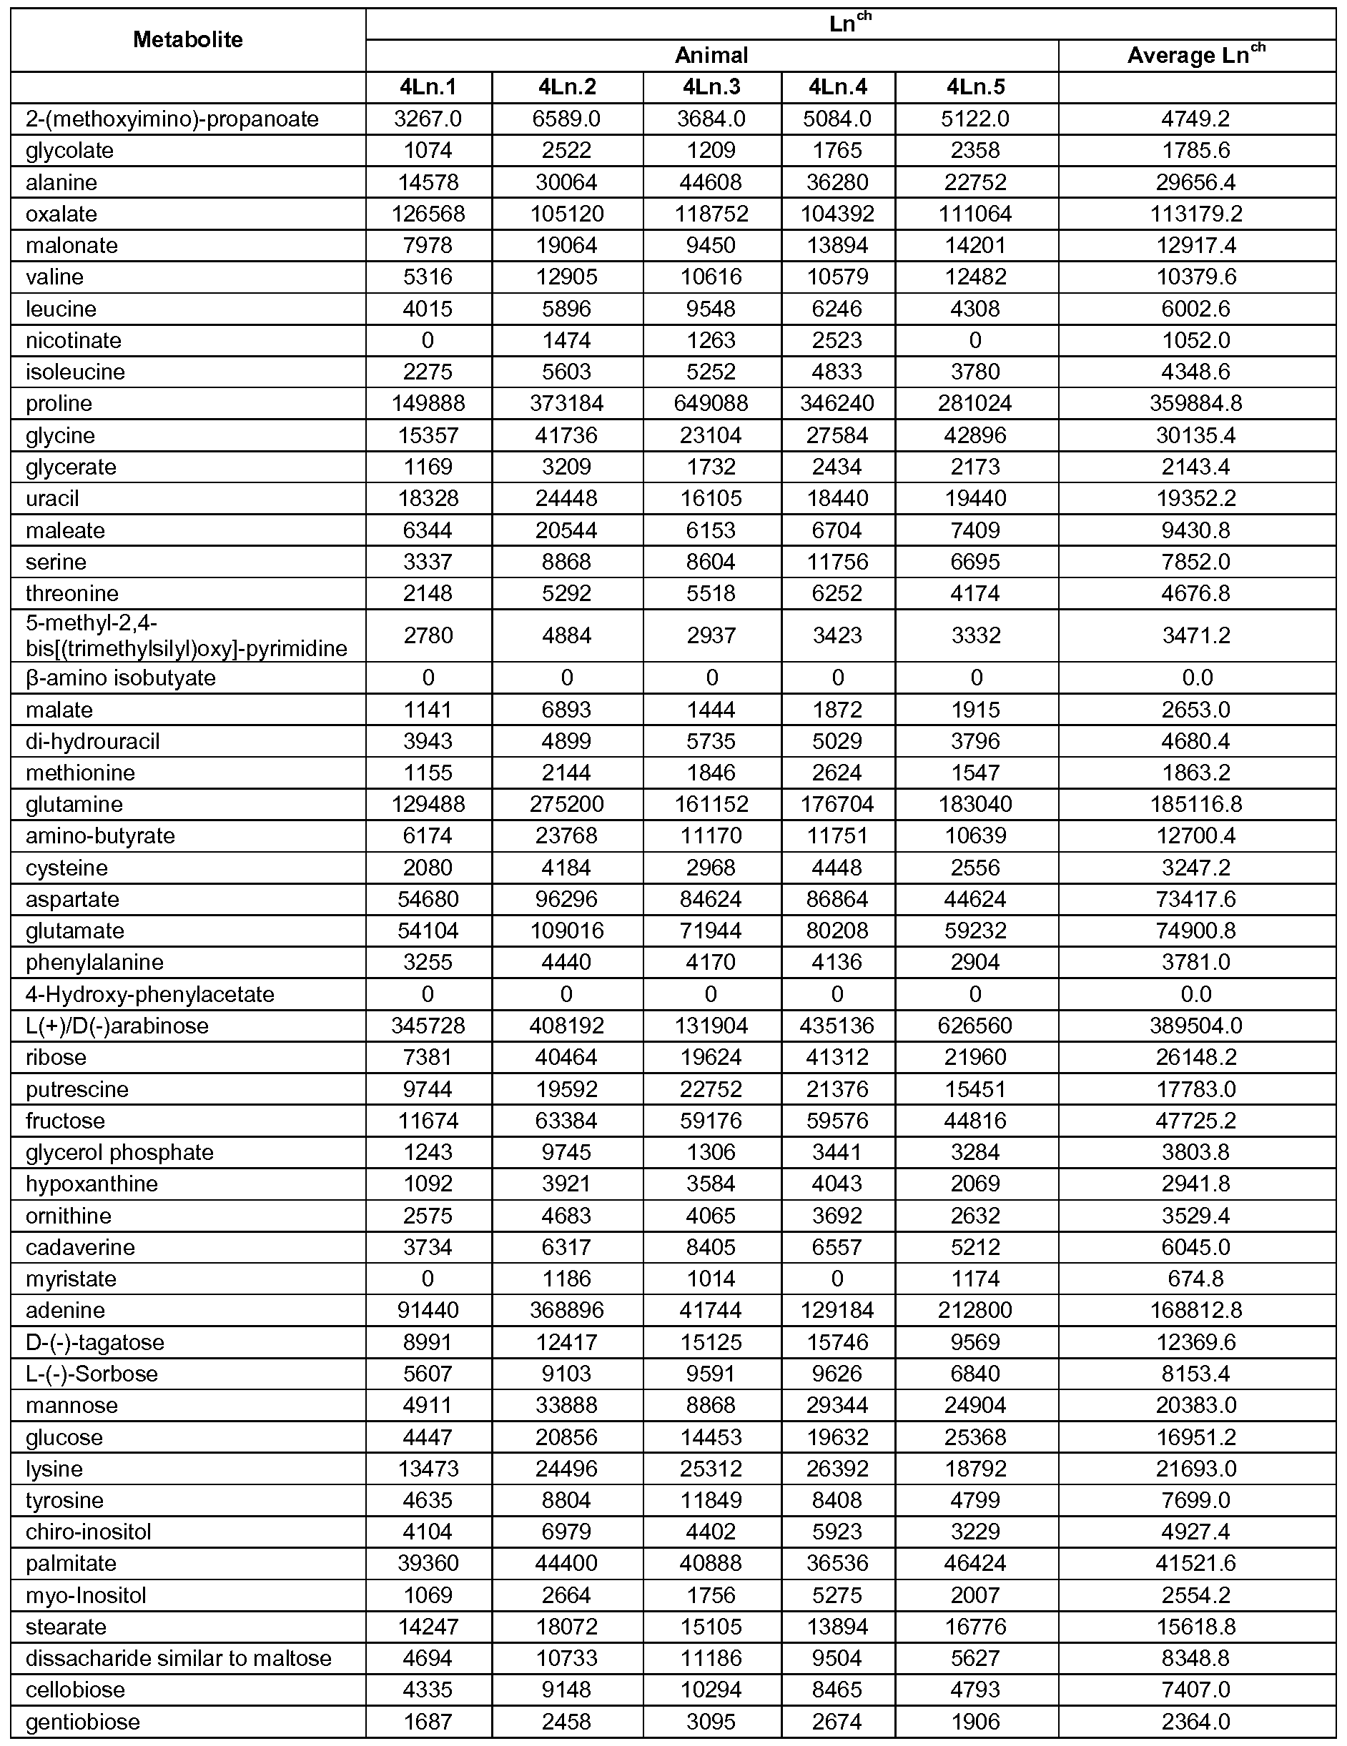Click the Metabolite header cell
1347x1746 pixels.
click(188, 40)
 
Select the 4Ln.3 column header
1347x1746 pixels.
click(711, 87)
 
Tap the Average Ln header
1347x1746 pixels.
click(1196, 55)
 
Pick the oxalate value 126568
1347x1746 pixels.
click(428, 214)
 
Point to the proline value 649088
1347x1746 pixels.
click(711, 404)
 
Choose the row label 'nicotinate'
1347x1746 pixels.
click(74, 341)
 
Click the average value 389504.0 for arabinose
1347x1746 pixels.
click(1196, 1026)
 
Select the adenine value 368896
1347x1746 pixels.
click(566, 1310)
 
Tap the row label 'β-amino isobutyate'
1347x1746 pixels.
click(121, 678)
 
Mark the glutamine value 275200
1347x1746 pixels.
click(566, 804)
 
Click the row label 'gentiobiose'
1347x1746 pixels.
click(82, 1722)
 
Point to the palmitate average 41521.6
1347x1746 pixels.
click(1196, 1564)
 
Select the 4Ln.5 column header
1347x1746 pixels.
click(975, 87)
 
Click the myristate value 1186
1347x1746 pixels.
click(566, 1279)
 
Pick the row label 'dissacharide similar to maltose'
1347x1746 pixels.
click(178, 1659)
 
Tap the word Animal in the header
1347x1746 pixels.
click(711, 55)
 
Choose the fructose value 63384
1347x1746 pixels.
click(566, 1121)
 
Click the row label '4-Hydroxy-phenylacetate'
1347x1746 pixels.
click(149, 995)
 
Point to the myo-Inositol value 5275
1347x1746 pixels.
click(837, 1596)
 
